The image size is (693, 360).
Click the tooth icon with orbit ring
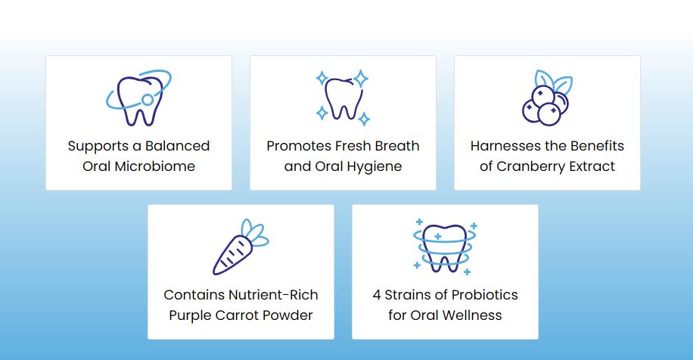tap(138, 99)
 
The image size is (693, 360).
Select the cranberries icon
tap(546, 99)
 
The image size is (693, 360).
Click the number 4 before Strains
tap(377, 295)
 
